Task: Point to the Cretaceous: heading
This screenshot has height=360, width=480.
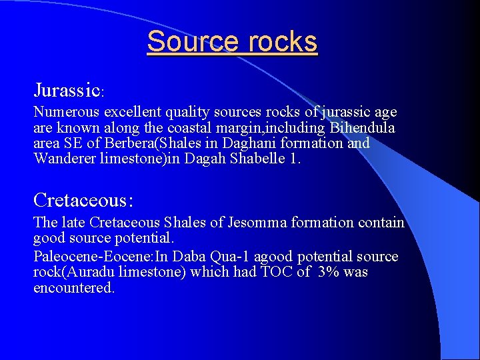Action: (x=83, y=200)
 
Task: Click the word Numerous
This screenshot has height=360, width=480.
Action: (x=64, y=113)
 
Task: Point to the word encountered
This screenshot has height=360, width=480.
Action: (x=73, y=287)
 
